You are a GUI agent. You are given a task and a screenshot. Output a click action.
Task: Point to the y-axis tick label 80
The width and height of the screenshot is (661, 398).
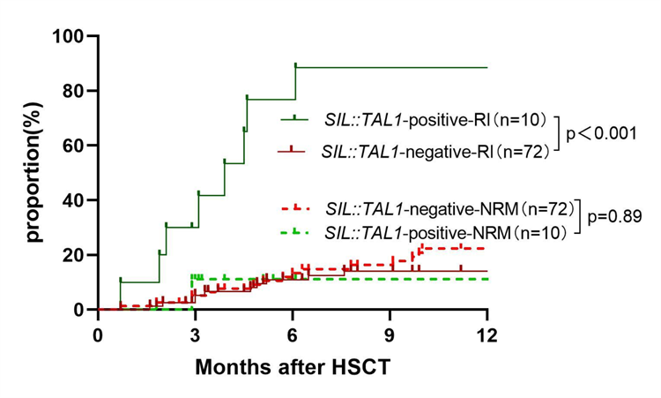coord(73,91)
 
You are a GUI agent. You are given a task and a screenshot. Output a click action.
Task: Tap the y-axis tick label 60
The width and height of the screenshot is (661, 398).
coord(73,146)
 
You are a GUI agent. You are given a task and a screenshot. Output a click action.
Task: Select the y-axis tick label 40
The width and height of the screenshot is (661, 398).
coord(73,200)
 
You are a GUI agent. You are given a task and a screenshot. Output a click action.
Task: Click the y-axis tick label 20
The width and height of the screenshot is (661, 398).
coord(73,255)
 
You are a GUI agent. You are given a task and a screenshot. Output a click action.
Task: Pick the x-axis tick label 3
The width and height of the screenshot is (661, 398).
coord(195,335)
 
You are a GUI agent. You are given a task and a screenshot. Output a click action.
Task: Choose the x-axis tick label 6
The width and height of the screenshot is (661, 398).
coord(292,335)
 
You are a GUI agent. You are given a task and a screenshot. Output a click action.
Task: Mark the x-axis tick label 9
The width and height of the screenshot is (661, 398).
coord(389,335)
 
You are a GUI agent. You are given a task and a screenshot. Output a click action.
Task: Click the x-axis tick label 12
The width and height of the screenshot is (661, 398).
coord(486,335)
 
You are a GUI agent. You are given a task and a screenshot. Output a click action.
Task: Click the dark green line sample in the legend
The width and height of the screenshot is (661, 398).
coord(294,117)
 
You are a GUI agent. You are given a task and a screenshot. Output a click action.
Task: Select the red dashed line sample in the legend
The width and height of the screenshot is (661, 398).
coord(294,209)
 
